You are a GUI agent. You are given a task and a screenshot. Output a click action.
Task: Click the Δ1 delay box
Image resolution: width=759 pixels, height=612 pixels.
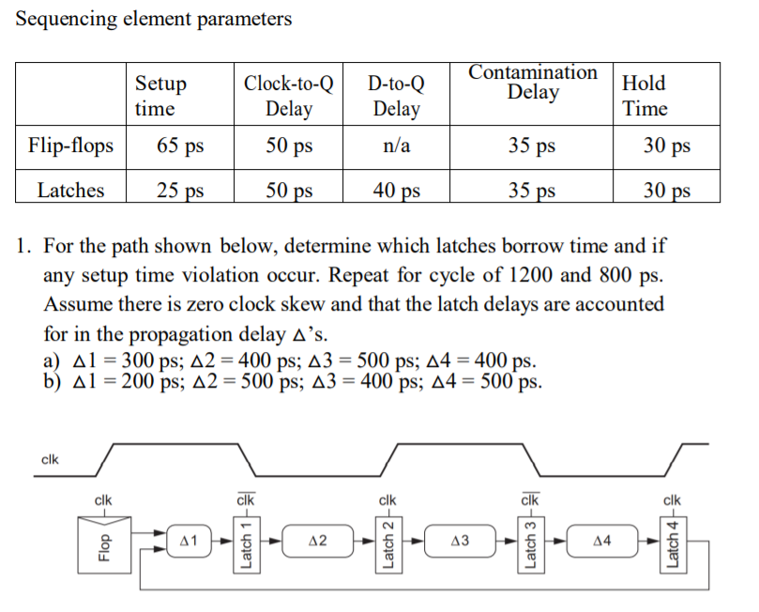coord(188,541)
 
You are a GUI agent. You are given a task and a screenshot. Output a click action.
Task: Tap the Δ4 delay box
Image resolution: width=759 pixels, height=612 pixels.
coord(601,541)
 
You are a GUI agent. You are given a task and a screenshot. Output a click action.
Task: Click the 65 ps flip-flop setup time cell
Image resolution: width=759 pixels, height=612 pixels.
coord(180,146)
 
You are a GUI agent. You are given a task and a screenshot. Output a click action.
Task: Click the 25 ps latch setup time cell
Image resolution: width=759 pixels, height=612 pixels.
coord(180,191)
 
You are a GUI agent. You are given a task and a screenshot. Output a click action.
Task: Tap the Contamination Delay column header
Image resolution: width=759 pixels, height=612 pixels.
coord(532,83)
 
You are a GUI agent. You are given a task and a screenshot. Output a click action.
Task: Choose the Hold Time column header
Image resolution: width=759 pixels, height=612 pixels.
coord(645,96)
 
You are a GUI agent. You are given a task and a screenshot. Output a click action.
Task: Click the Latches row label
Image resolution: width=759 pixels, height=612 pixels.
coord(71,191)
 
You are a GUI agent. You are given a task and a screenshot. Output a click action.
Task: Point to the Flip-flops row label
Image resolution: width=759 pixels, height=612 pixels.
coord(71,146)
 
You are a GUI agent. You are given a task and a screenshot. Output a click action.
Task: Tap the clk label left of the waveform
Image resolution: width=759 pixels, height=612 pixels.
coord(51,459)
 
